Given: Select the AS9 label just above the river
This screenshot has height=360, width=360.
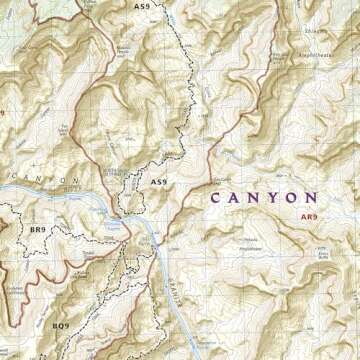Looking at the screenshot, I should coord(157,182).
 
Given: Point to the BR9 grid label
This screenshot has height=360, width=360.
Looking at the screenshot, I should coord(37,230).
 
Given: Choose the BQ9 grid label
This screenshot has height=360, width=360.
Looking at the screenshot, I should coord(60,325).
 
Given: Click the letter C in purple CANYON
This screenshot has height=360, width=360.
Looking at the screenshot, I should coord(216,198).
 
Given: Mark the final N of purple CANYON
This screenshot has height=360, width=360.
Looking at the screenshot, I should coord(312,198).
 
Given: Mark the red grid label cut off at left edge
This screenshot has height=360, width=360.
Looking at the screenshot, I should coord(3,113).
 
